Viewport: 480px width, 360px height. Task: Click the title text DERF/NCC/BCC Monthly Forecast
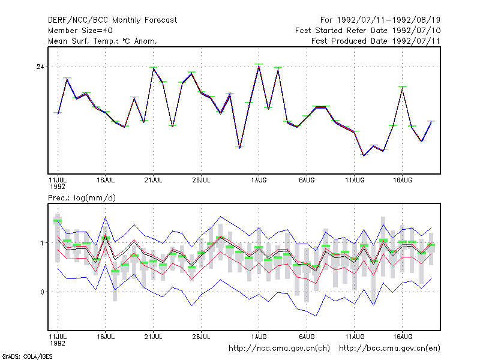click(112, 20)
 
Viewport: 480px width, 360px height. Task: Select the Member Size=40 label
click(80, 31)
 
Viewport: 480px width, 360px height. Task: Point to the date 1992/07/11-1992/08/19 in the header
click(388, 20)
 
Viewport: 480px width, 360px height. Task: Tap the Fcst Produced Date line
click(376, 41)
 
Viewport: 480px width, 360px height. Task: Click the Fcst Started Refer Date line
click(368, 31)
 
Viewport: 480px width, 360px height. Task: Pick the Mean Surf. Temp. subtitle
click(103, 41)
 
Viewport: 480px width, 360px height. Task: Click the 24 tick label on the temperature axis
click(40, 67)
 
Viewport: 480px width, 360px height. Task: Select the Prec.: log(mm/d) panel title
click(82, 198)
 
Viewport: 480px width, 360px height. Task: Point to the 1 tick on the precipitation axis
click(42, 243)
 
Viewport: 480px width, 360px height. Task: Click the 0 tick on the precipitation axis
click(42, 292)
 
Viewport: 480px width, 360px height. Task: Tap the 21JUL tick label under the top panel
click(153, 181)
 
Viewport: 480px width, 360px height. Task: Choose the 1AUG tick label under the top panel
click(259, 181)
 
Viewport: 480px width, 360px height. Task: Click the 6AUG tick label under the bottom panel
click(307, 337)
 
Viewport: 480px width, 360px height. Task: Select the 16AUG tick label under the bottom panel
click(403, 337)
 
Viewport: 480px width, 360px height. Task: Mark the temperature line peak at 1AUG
click(259, 67)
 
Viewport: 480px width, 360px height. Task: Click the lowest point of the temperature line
click(364, 155)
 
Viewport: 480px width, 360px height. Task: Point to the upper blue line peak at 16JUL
click(106, 217)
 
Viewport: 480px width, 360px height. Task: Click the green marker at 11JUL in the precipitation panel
click(58, 221)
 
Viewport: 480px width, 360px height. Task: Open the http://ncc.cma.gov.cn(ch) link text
click(279, 349)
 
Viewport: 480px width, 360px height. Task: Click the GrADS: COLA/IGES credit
click(28, 356)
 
